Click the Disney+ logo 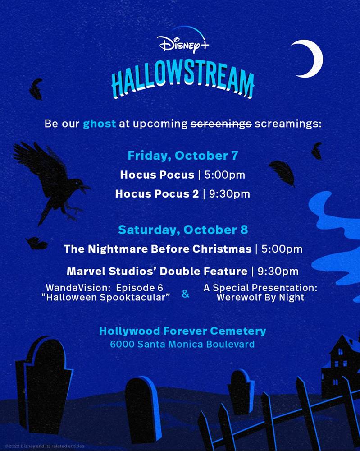click(183, 43)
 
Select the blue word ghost click(100, 124)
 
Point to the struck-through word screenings click(221, 124)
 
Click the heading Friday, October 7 click(183, 156)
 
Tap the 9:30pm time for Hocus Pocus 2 click(229, 194)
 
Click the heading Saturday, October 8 click(183, 230)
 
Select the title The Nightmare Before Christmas click(158, 249)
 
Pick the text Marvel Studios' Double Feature click(157, 271)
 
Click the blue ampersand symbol click(186, 294)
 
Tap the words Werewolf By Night click(260, 297)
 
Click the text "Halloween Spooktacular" click(106, 297)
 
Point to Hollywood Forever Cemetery click(182, 331)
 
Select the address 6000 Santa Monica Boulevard click(182, 344)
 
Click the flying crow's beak click(86, 188)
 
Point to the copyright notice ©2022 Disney click(45, 446)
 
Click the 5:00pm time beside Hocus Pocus click(225, 175)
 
